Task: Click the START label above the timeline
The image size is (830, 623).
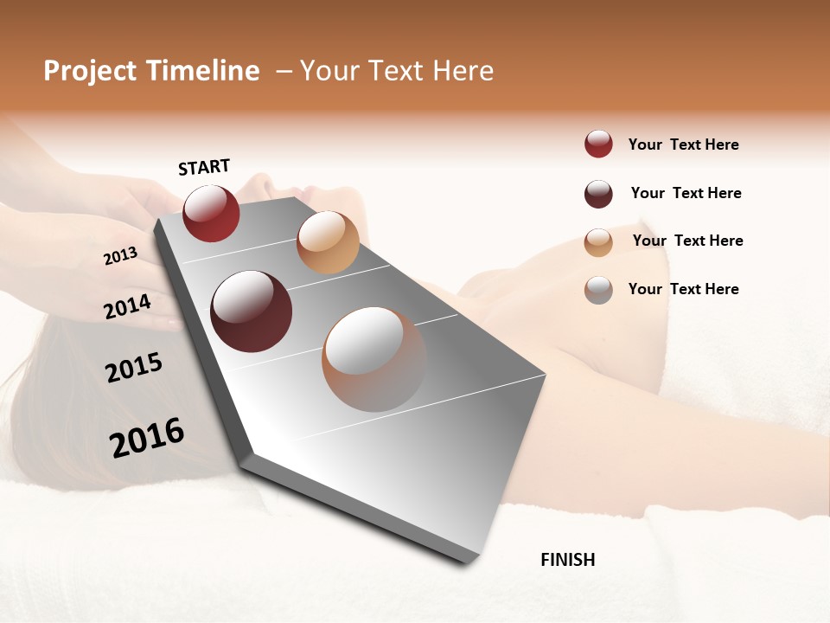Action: coord(204,167)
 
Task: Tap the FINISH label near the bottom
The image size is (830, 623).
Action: coord(567,560)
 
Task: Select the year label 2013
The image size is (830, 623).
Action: coord(120,256)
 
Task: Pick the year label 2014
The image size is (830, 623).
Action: coord(127,306)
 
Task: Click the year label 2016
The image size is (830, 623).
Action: coord(146,438)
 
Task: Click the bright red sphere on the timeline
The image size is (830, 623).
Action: coord(211,213)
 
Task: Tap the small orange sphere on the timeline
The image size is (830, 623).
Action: coord(328,242)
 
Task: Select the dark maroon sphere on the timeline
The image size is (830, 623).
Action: coord(252,311)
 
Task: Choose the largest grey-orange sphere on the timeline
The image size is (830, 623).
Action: coord(374,359)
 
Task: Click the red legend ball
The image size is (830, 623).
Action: coord(598,145)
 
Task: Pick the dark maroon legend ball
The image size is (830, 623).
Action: coord(598,194)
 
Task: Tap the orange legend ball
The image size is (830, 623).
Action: coord(598,242)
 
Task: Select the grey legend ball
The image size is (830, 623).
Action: coord(598,290)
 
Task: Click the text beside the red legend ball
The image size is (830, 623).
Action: coord(683,145)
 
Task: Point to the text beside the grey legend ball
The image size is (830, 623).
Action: coord(683,289)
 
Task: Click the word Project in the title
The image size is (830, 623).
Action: coord(91,71)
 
